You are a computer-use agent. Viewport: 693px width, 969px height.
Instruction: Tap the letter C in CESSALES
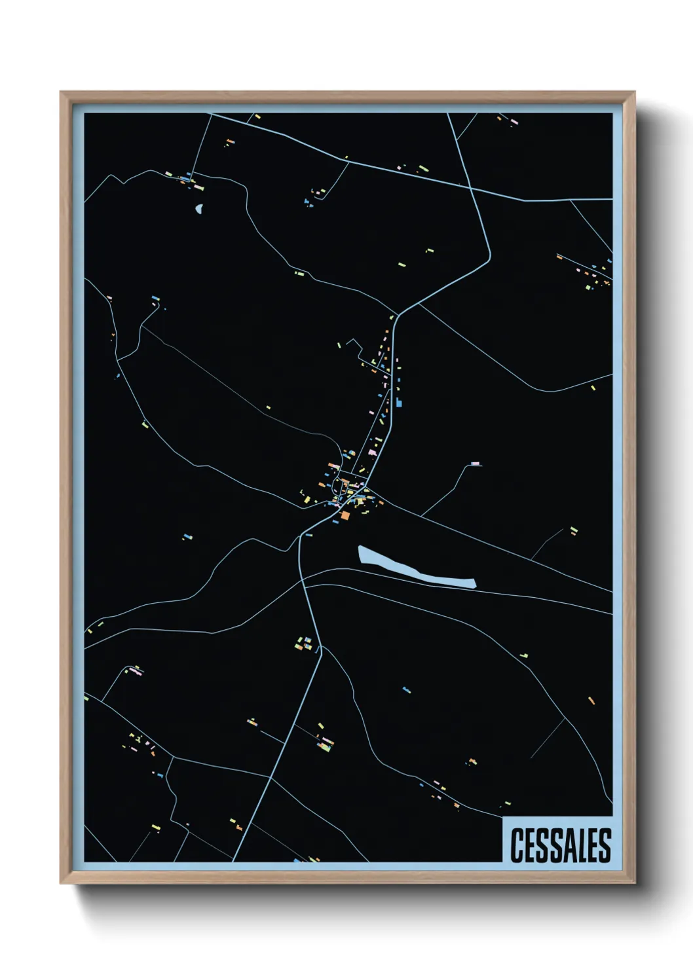tap(516, 845)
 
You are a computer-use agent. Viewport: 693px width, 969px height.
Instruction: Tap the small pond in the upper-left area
tap(198, 210)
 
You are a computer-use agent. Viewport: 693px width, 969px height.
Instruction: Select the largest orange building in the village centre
tap(345, 515)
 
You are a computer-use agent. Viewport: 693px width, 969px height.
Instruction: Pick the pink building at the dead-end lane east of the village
tap(476, 464)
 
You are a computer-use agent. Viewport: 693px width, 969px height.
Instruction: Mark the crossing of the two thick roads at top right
tap(470, 189)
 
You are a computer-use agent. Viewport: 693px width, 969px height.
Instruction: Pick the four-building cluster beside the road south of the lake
tap(305, 643)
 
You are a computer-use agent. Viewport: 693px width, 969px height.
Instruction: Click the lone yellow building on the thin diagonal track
tap(268, 408)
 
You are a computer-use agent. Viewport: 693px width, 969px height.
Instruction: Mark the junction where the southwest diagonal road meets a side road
tap(271, 778)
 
